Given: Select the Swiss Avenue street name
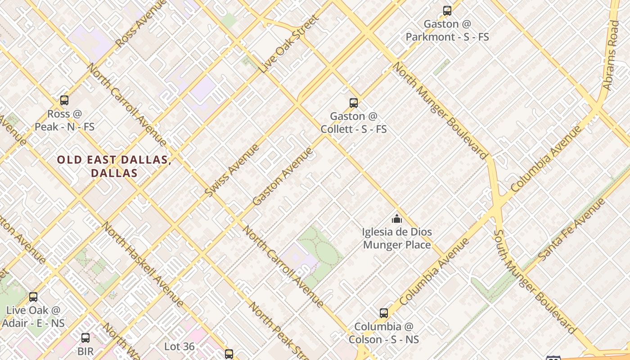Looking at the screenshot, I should coord(232,171).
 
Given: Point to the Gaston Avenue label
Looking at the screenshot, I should coord(282,176).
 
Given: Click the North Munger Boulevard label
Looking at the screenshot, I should coord(440,111).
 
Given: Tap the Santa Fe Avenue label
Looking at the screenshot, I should coord(571,229).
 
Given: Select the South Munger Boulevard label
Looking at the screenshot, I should coord(534,282).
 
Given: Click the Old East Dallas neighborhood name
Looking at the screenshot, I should coord(114,166).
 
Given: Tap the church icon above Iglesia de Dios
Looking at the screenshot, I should coord(396,219).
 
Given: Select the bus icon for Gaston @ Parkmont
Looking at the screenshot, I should coord(447,11).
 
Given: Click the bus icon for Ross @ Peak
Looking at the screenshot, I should coord(64,100).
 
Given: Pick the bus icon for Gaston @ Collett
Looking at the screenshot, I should coord(354,103).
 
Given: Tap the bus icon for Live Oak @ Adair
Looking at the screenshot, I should coord(33,297).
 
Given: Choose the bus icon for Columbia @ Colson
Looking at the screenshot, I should coord(384,313).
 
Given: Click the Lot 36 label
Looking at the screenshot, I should coord(180,346).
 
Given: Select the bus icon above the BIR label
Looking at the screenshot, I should coord(85,337).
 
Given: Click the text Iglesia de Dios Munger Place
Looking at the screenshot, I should coord(396,238).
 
